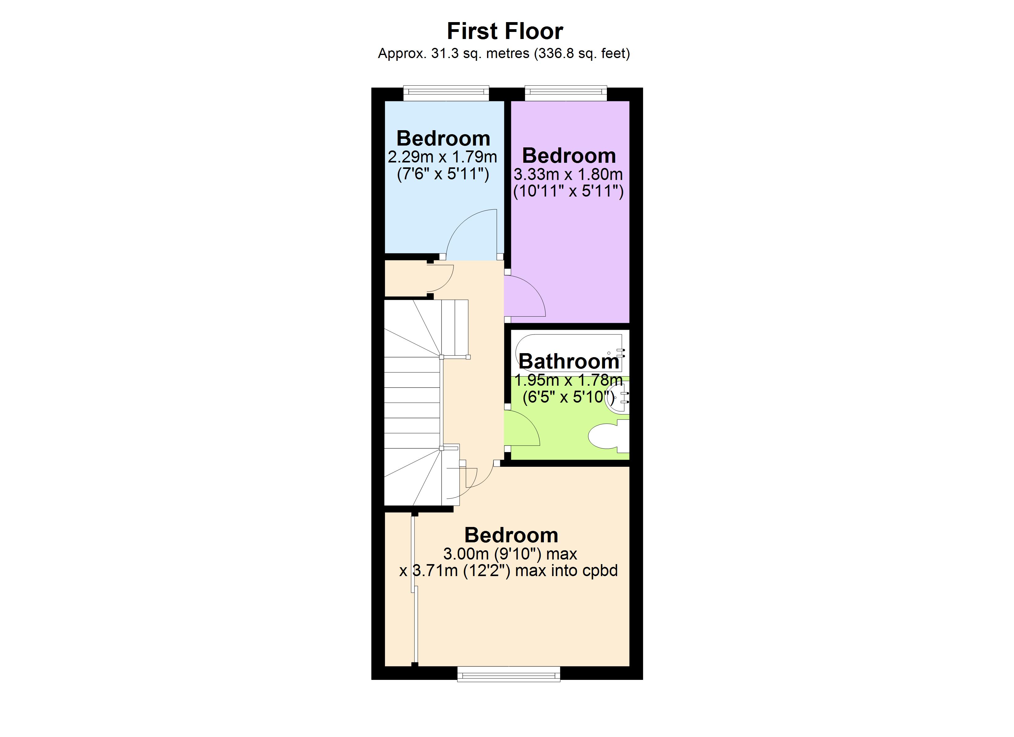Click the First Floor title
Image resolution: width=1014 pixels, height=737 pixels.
(x=505, y=31)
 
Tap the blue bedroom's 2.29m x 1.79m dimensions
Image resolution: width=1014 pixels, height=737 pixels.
(x=442, y=157)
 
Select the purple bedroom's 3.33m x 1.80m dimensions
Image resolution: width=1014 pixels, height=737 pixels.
(x=568, y=174)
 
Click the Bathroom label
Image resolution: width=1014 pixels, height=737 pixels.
(x=569, y=361)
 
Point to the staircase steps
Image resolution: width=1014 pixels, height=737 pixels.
(x=412, y=402)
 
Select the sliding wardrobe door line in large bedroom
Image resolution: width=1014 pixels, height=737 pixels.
(x=415, y=590)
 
